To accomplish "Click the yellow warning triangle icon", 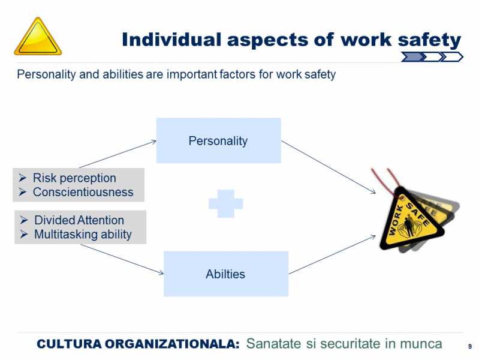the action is pyautogui.click(x=38, y=37).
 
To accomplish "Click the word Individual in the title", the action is pyautogui.click(x=171, y=40).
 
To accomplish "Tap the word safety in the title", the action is pyautogui.click(x=429, y=41).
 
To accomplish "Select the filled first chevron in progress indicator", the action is pyautogui.click(x=412, y=57).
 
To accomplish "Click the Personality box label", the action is pyautogui.click(x=218, y=141).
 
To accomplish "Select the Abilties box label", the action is pyautogui.click(x=225, y=274).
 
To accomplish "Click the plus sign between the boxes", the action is pyautogui.click(x=226, y=204).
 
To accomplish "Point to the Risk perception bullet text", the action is pyautogui.click(x=74, y=178).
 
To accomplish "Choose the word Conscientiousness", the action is pyautogui.click(x=83, y=192).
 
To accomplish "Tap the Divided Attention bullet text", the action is pyautogui.click(x=79, y=220).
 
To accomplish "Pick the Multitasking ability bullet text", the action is pyautogui.click(x=83, y=235).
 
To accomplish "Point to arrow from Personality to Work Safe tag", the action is pyautogui.click(x=329, y=167).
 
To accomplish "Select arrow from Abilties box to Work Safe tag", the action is pyautogui.click(x=332, y=254).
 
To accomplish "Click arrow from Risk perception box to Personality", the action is pyautogui.click(x=118, y=154).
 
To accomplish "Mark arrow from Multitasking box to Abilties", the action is pyautogui.click(x=122, y=259).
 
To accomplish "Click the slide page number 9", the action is pyautogui.click(x=470, y=347).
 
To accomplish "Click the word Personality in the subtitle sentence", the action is pyautogui.click(x=46, y=74).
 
